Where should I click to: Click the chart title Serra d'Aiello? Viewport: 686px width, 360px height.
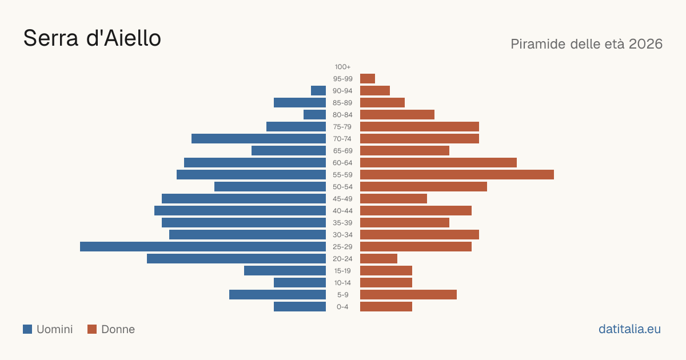pyautogui.click(x=92, y=38)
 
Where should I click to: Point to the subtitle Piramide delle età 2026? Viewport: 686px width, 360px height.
pyautogui.click(x=587, y=44)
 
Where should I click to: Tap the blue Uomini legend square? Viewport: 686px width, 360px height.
pyautogui.click(x=27, y=329)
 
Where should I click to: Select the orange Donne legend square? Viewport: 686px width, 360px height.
pyautogui.click(x=92, y=329)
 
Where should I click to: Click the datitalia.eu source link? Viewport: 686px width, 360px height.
pyautogui.click(x=629, y=329)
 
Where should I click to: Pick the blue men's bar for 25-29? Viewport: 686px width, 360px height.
pyautogui.click(x=203, y=247)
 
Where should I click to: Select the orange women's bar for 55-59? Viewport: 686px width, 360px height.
pyautogui.click(x=457, y=175)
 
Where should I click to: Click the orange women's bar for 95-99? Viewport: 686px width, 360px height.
pyautogui.click(x=368, y=79)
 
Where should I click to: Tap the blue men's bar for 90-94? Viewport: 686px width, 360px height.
pyautogui.click(x=318, y=91)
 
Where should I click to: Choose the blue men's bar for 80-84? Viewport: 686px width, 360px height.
pyautogui.click(x=314, y=115)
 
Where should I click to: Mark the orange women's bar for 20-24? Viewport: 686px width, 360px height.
pyautogui.click(x=378, y=259)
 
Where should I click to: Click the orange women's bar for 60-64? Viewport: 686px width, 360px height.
pyautogui.click(x=438, y=163)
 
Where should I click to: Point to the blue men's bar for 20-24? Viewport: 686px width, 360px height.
pyautogui.click(x=237, y=259)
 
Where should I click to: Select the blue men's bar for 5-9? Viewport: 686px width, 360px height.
pyautogui.click(x=277, y=295)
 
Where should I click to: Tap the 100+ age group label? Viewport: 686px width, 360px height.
pyautogui.click(x=342, y=67)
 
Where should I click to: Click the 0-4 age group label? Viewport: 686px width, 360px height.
pyautogui.click(x=342, y=307)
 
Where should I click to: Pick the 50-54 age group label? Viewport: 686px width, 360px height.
pyautogui.click(x=342, y=187)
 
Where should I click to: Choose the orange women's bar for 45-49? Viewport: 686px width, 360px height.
pyautogui.click(x=393, y=199)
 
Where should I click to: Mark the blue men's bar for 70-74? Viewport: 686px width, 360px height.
pyautogui.click(x=259, y=139)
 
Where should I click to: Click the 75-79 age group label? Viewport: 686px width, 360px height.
pyautogui.click(x=342, y=127)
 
